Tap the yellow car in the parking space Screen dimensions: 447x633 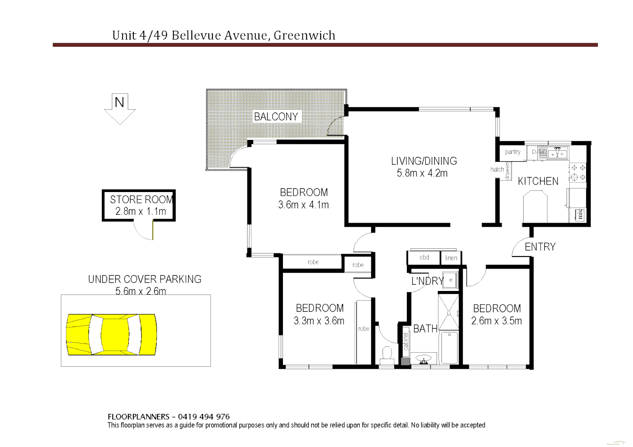[111, 334]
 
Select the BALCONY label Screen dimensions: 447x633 [276, 117]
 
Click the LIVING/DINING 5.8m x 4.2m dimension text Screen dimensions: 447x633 [422, 173]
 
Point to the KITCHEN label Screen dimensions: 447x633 [538, 181]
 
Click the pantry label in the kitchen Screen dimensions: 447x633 [512, 152]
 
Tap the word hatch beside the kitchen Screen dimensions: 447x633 [497, 169]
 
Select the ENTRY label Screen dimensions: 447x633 [540, 247]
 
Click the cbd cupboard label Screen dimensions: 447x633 [424, 257]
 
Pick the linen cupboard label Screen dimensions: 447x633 [451, 258]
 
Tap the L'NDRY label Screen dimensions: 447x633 [427, 281]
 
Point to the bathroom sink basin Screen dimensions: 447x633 [423, 359]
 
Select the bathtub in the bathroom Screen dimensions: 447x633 [449, 347]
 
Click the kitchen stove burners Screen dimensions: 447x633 [578, 173]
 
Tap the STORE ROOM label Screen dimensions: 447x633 [141, 199]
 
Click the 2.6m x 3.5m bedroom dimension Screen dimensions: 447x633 [496, 321]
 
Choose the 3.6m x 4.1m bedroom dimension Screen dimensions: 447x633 [303, 205]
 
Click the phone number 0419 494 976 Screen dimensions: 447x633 [203, 417]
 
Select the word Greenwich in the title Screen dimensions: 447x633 [304, 36]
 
